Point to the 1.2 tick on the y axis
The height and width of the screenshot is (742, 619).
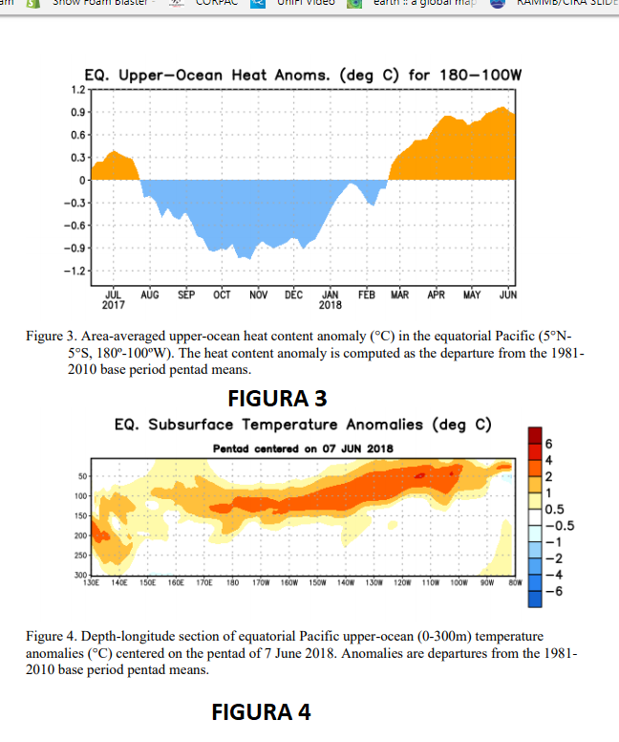pyautogui.click(x=77, y=90)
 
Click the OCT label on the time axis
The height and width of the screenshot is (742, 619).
pyautogui.click(x=222, y=295)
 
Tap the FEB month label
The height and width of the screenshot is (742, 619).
pyautogui.click(x=366, y=295)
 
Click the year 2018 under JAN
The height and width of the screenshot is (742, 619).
pyautogui.click(x=331, y=306)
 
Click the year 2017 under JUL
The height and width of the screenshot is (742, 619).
pyautogui.click(x=112, y=306)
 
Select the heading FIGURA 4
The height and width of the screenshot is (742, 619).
pyautogui.click(x=261, y=711)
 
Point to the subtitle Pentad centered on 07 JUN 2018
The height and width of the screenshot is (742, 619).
pyautogui.click(x=302, y=448)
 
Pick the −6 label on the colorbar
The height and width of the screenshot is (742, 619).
pyautogui.click(x=549, y=591)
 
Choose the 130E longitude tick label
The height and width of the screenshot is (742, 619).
pyautogui.click(x=93, y=580)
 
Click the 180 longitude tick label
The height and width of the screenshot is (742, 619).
pyautogui.click(x=230, y=580)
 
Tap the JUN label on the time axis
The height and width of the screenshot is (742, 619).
pyautogui.click(x=508, y=295)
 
